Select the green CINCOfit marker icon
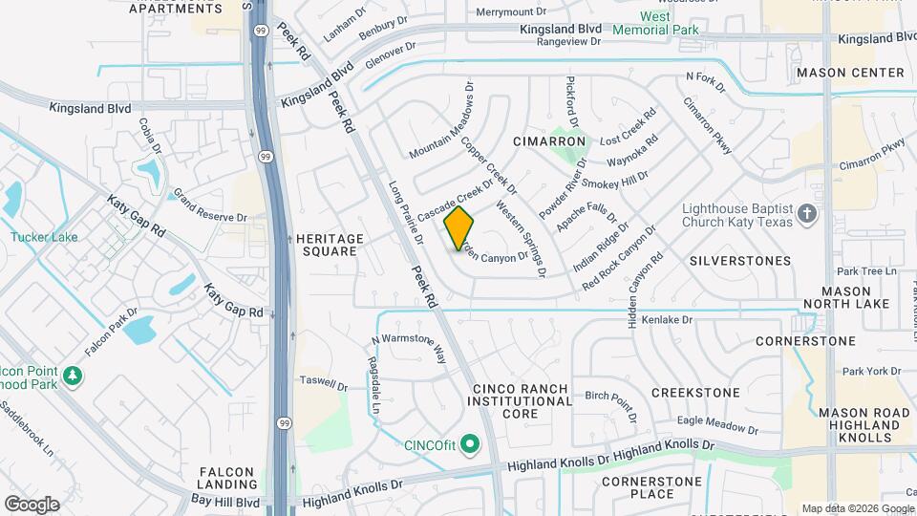click(469, 444)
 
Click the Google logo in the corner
click(32, 504)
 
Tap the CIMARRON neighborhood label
click(548, 141)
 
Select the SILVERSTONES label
click(739, 260)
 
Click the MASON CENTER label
click(850, 73)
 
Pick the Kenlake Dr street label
click(666, 320)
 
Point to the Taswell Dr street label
click(324, 383)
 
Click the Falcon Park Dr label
click(111, 332)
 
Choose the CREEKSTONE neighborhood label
click(695, 393)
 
